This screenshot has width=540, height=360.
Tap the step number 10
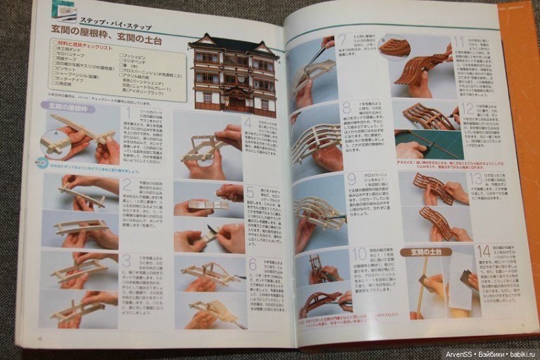359,255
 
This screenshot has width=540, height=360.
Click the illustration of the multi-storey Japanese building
233,72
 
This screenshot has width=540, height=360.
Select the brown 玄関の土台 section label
425,252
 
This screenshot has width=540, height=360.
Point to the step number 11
458,44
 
